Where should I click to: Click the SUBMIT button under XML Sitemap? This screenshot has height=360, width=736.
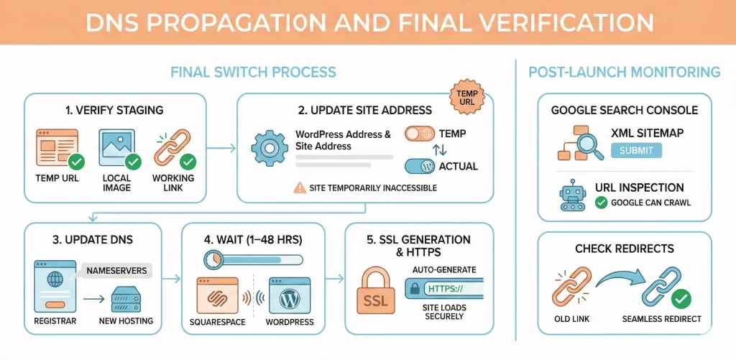635,150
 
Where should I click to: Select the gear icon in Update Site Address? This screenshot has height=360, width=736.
269,148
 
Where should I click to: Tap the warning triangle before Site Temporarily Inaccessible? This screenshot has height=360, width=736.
299,188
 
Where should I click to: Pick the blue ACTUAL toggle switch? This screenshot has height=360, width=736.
420,166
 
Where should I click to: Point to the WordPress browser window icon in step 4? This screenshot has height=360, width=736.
290,295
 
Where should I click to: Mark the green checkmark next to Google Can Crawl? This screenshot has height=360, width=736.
601,203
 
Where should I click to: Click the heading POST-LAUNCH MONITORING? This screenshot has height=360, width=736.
624,72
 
